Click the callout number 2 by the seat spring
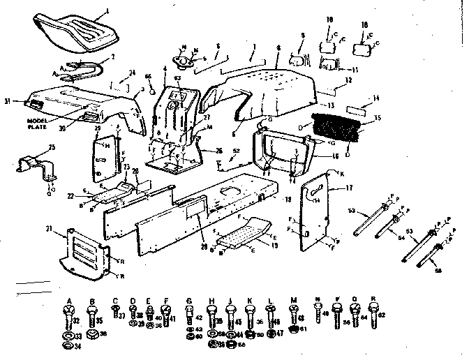tap(113, 57)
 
